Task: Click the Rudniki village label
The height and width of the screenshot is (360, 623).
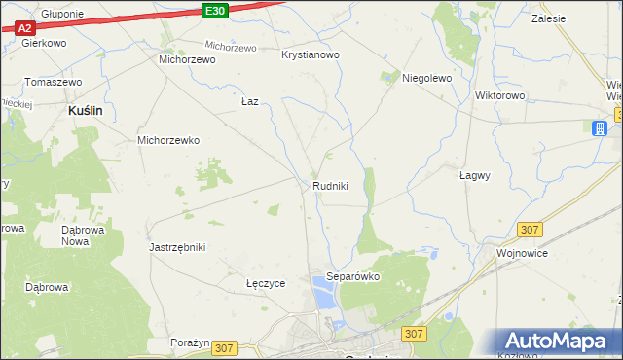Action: point(330,186)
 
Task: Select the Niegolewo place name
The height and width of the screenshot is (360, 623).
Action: point(426,79)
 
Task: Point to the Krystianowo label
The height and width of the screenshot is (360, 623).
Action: point(311,55)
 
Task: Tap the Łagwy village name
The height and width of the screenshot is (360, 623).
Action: point(474,176)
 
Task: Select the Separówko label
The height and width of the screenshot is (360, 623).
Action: point(352,276)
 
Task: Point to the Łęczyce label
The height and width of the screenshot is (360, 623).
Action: point(266,283)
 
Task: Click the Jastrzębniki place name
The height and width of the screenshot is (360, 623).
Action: point(177,247)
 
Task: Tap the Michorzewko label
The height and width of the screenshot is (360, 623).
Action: point(168,140)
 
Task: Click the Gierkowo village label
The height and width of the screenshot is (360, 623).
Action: point(43,44)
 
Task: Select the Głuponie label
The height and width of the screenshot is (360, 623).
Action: point(62,15)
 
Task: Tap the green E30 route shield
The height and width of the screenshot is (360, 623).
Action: point(216,10)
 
